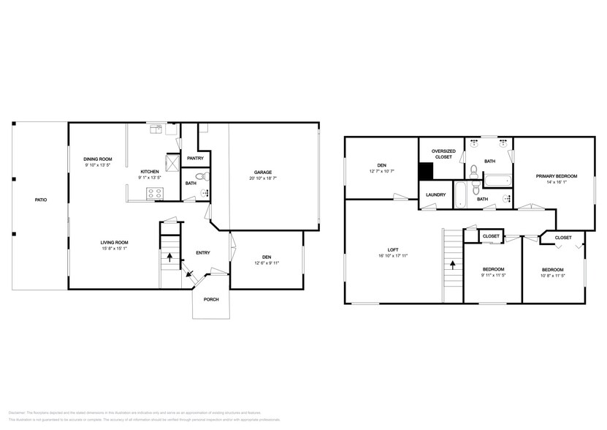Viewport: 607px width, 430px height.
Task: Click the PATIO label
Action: (x=41, y=200)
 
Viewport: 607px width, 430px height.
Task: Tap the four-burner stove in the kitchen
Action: (x=156, y=194)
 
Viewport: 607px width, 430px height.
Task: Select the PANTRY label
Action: (x=195, y=158)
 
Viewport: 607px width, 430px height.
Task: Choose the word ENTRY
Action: (x=203, y=253)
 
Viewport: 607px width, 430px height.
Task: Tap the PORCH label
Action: (x=211, y=299)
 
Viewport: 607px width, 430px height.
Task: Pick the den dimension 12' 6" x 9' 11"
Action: (x=267, y=263)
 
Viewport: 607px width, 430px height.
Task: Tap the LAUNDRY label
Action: (x=437, y=195)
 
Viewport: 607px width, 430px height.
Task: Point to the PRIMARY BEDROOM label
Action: (x=557, y=176)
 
